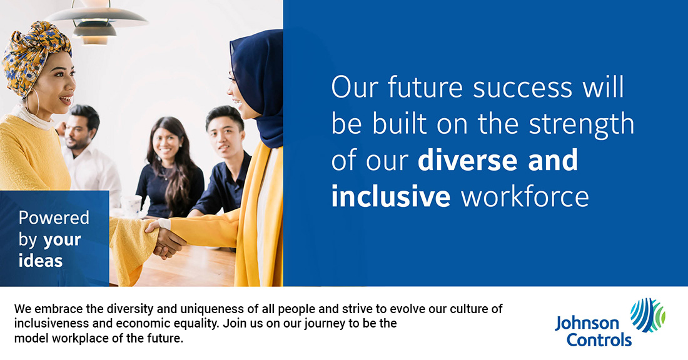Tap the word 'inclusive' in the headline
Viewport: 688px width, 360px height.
pyautogui.click(x=391, y=196)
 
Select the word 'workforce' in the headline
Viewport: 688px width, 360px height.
pyautogui.click(x=525, y=196)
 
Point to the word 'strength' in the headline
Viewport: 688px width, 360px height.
pyautogui.click(x=582, y=125)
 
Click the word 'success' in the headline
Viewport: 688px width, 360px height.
pyautogui.click(x=523, y=87)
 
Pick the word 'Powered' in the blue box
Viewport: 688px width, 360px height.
pyautogui.click(x=54, y=218)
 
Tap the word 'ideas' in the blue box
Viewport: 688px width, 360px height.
pyautogui.click(x=41, y=261)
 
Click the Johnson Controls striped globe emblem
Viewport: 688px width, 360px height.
pyautogui.click(x=647, y=314)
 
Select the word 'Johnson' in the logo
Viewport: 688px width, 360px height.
pyautogui.click(x=587, y=324)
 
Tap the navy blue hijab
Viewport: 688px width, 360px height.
pyautogui.click(x=259, y=83)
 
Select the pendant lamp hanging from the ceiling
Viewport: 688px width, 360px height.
pyautogui.click(x=96, y=21)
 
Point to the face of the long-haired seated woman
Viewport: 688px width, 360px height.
pyautogui.click(x=166, y=142)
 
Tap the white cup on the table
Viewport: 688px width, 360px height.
pyautogui.click(x=131, y=205)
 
